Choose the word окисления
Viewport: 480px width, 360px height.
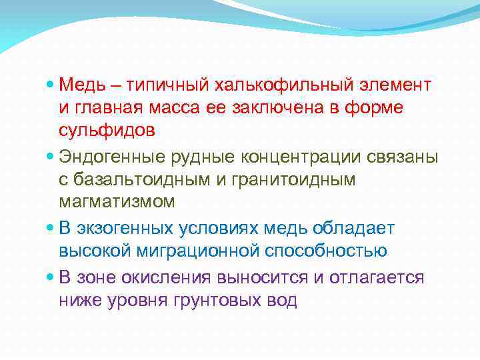coord(166,277)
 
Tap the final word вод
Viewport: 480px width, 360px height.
coord(281,300)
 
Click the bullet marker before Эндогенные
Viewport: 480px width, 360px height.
coord(52,158)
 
